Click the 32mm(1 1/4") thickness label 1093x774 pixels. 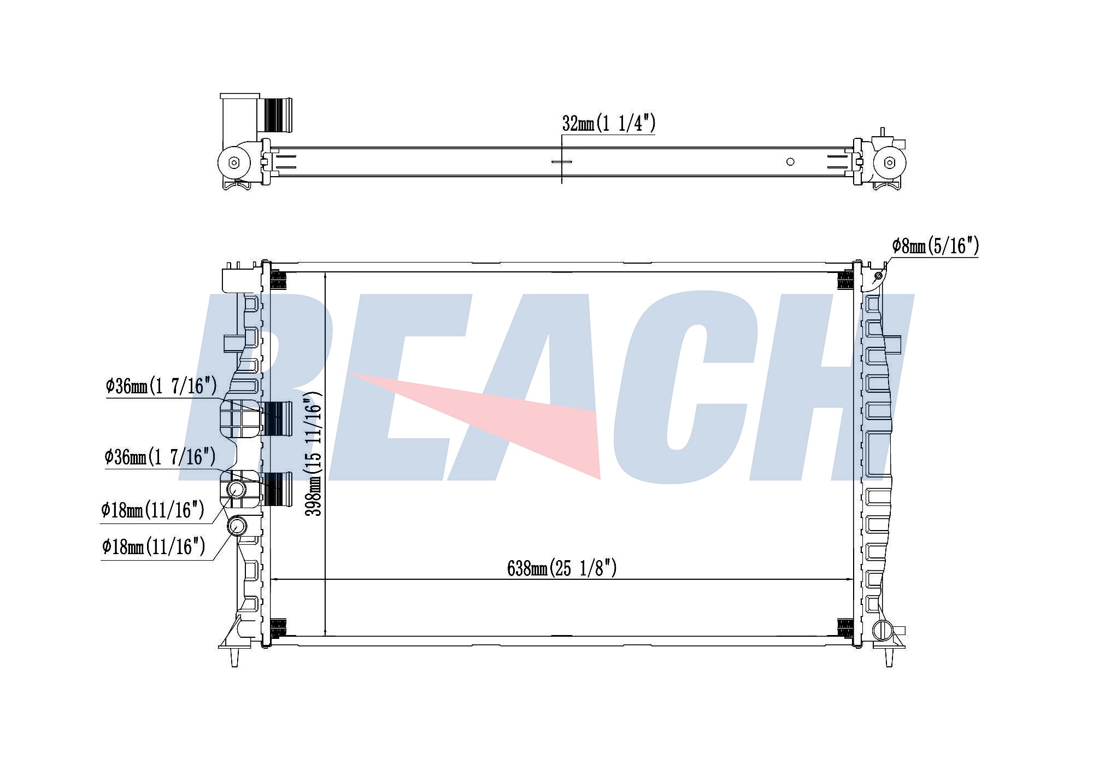[x=608, y=124]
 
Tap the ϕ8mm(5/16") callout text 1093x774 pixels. [x=935, y=246]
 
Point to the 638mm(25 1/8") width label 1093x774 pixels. [x=562, y=568]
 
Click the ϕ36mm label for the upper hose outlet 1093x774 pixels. [x=161, y=386]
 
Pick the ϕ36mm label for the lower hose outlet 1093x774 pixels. [x=160, y=457]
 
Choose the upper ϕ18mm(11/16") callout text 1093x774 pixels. [x=152, y=510]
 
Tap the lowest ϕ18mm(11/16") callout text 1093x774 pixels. [x=154, y=546]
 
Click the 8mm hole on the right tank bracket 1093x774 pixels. [x=878, y=276]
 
